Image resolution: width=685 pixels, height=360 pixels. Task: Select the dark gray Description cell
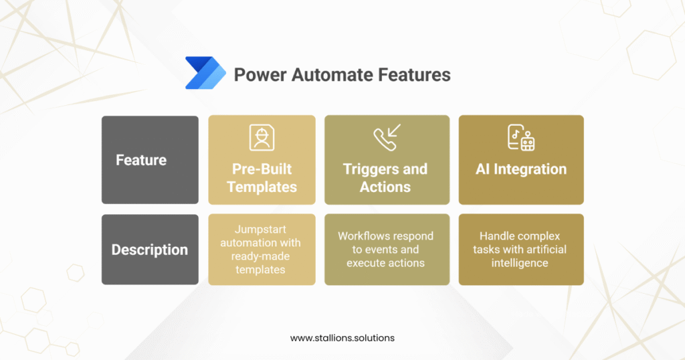point(150,250)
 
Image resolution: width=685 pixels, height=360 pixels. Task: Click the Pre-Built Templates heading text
point(262,177)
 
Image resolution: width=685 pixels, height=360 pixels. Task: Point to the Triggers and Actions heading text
point(385,177)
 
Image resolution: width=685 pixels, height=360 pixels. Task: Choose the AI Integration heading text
point(521,169)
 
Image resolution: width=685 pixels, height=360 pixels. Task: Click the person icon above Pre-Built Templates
point(262,137)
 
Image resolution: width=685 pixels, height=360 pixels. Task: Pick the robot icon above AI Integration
point(521,137)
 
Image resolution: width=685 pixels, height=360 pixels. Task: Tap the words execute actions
point(385,263)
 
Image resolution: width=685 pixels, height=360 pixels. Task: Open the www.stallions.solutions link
point(342,338)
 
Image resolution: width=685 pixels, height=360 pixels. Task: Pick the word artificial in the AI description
point(544,250)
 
